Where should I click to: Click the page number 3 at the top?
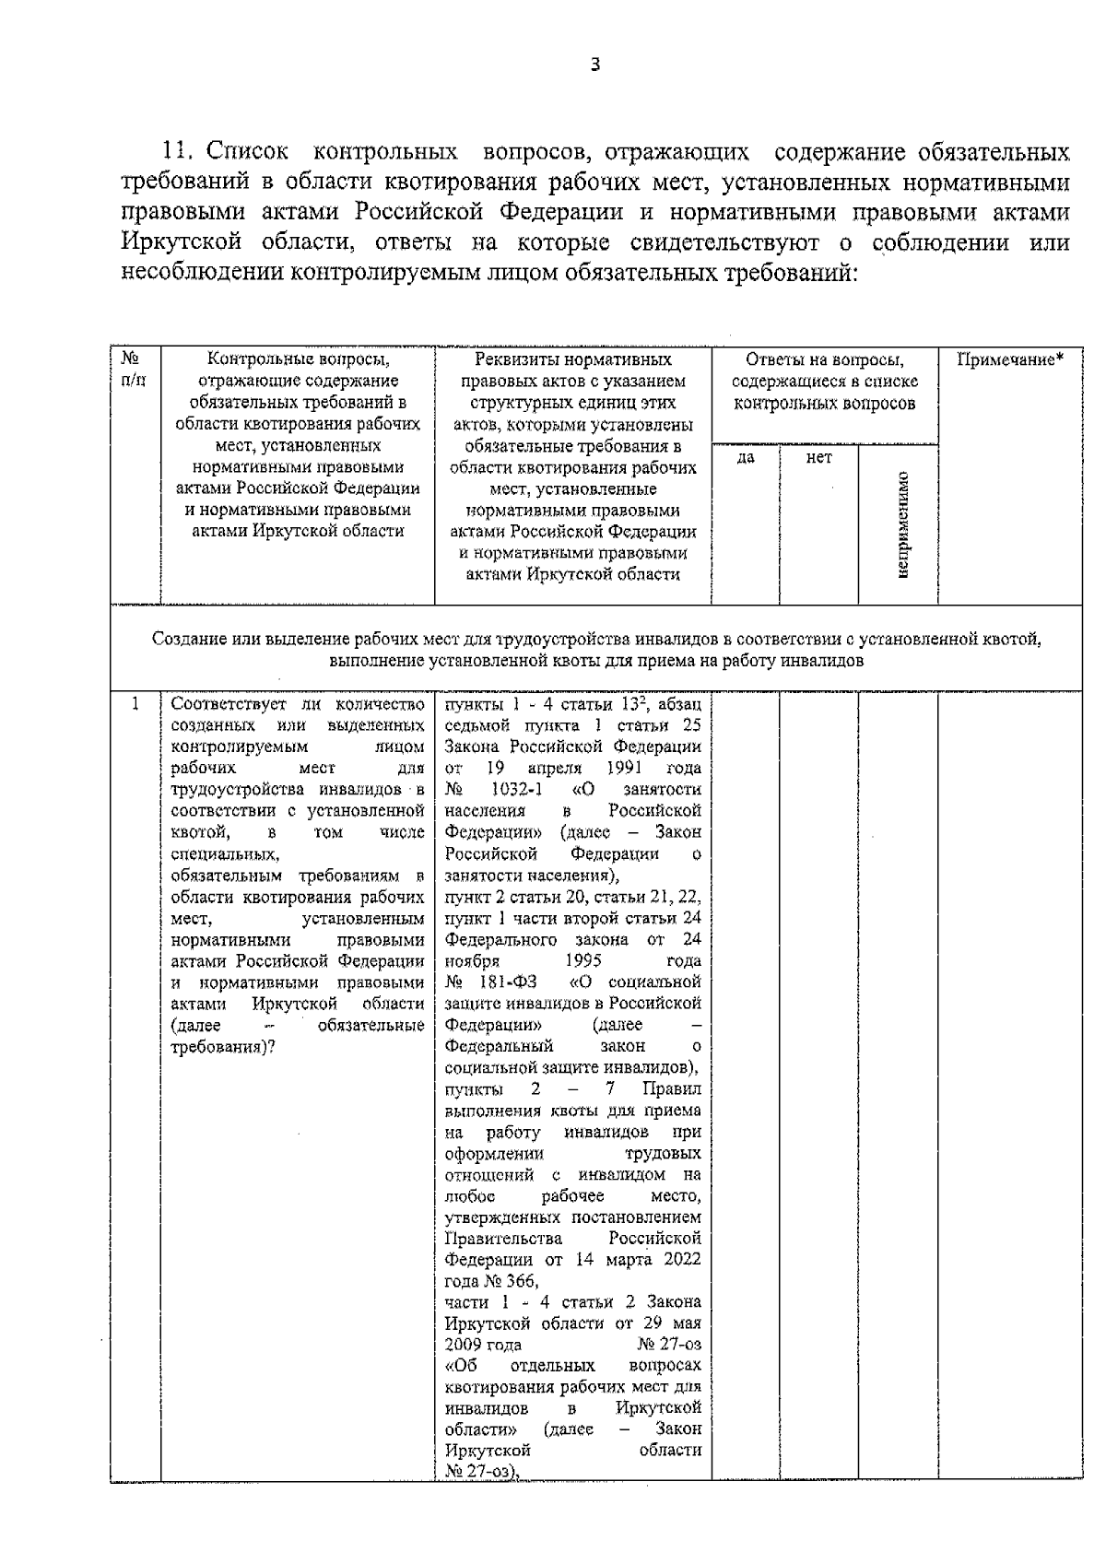tap(595, 64)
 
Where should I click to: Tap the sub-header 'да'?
tap(746, 457)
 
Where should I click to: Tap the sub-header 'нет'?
tap(818, 457)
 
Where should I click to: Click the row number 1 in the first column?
tap(135, 705)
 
